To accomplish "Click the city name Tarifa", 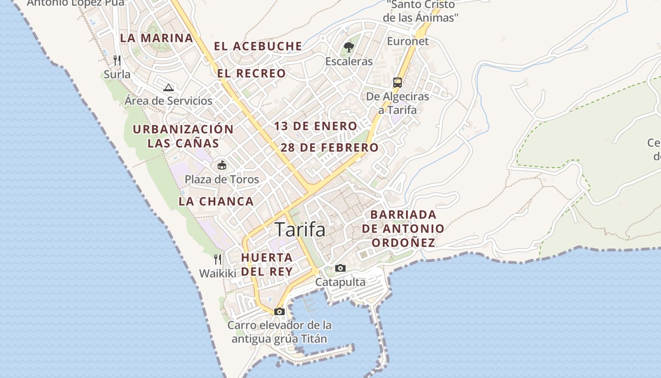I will [300, 230].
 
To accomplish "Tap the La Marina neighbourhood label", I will [156, 38].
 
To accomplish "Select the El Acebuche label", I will [258, 46].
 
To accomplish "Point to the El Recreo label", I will [251, 73].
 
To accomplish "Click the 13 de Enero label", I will [315, 126].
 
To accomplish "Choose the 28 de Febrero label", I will [330, 147].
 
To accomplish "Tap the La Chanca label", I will [216, 201].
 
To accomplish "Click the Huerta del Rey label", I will [267, 265].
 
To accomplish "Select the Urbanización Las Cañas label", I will [183, 136].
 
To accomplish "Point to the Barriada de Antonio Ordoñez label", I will [403, 229].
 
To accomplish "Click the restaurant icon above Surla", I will [117, 60].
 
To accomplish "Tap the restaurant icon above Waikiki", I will [217, 259].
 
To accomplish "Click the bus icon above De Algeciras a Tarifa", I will [398, 83].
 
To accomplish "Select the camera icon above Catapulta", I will [340, 268].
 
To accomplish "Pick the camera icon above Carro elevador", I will [280, 311].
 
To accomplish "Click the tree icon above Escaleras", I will [349, 47].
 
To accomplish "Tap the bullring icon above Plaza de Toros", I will [221, 165].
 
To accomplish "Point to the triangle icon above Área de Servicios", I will [169, 87].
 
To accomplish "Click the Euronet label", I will [408, 41].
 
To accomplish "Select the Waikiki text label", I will [217, 274].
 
